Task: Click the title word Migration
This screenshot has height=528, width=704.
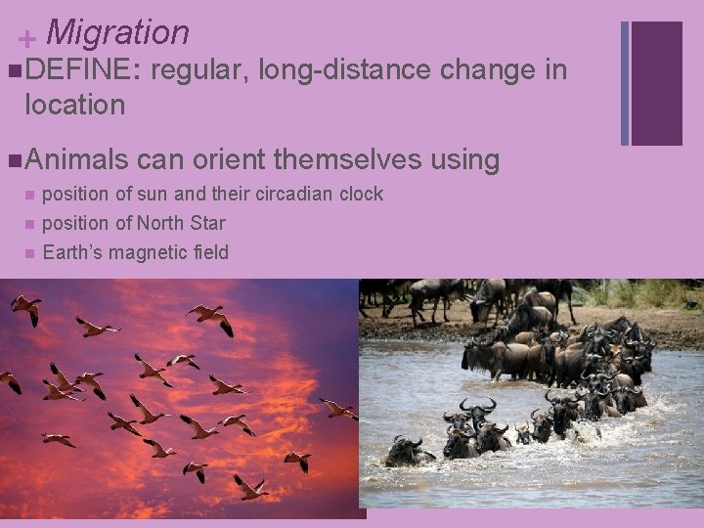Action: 117,32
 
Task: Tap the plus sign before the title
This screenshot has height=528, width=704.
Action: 28,38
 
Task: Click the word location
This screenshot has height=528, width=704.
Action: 75,105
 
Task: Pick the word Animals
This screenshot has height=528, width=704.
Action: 76,158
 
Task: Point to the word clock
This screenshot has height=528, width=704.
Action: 361,194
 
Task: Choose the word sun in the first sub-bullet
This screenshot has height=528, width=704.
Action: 145,194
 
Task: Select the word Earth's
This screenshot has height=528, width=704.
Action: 73,252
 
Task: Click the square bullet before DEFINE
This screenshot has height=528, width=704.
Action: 12,70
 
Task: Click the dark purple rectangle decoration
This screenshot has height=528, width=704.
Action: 656,83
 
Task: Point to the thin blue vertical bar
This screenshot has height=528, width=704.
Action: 625,83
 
